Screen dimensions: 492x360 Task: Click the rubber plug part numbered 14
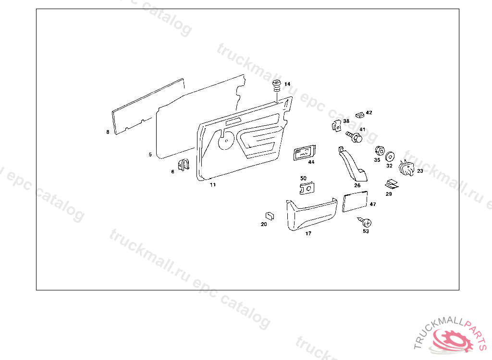point(277,87)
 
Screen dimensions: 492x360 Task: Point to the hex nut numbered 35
point(378,150)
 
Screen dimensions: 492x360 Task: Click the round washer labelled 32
point(390,156)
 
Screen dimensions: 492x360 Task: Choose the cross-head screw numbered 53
point(366,222)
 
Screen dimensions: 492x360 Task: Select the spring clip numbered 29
point(391,184)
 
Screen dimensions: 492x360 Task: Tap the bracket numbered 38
point(337,126)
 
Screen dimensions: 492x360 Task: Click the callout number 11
point(212,184)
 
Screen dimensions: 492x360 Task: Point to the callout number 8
point(108,132)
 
